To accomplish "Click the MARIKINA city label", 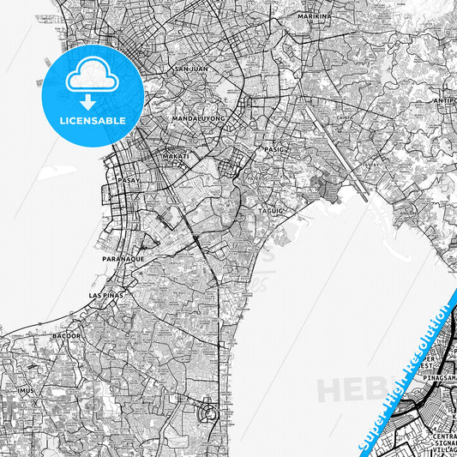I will click(x=314, y=16).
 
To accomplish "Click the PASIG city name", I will click(x=274, y=149).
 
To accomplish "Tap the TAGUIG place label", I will click(x=270, y=209).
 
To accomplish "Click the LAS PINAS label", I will click(x=106, y=295).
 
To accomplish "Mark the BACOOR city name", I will click(x=66, y=335).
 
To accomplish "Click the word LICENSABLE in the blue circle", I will click(x=91, y=121).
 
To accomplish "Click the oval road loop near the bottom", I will click(x=207, y=415).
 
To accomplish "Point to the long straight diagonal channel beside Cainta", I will click(x=339, y=154).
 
